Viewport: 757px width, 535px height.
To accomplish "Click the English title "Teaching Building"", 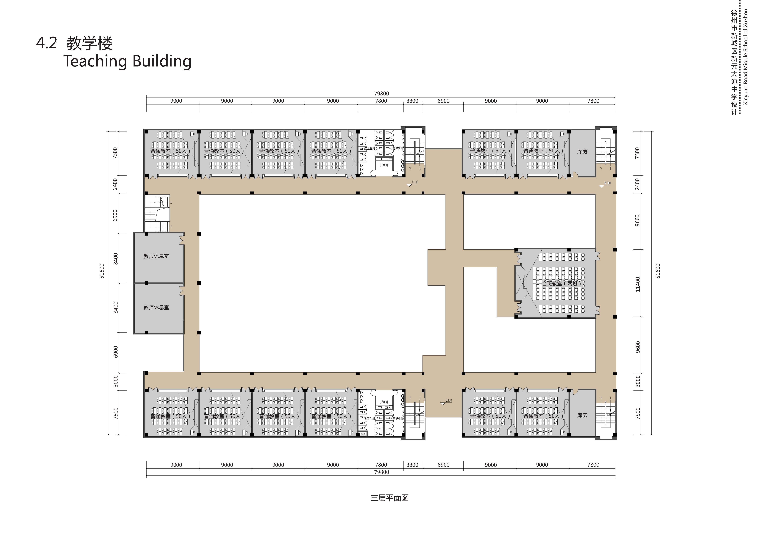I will coord(127,61).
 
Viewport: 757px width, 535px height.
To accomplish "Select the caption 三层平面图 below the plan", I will coord(389,498).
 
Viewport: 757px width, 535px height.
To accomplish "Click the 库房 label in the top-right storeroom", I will coord(582,151).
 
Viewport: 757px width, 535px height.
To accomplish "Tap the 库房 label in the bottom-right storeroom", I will coord(582,415).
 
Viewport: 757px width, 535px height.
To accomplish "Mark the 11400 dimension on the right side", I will coord(638,284).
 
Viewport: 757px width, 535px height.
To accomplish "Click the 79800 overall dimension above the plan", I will coord(381,94).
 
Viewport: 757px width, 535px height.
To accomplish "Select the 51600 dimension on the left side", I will coord(102,271).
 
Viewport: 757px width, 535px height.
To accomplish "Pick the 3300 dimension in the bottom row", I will coord(412,465).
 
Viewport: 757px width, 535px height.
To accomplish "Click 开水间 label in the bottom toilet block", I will coord(384,402).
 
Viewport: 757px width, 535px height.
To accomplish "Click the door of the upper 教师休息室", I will coord(181,239).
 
